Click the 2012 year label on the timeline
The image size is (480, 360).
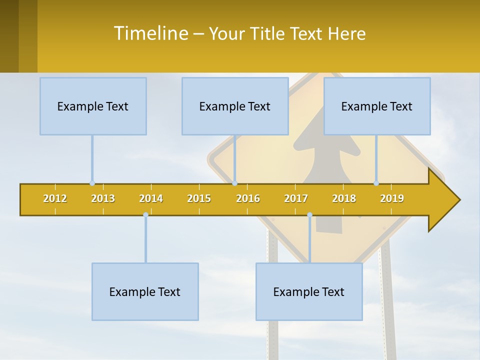pyautogui.click(x=55, y=198)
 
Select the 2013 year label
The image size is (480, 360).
pyautogui.click(x=103, y=198)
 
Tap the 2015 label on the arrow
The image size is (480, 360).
pyautogui.click(x=199, y=198)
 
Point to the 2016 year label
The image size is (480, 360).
pyautogui.click(x=248, y=198)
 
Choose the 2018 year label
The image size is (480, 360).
pyautogui.click(x=344, y=198)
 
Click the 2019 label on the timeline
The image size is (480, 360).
pyautogui.click(x=392, y=198)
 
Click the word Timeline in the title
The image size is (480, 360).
pyautogui.click(x=150, y=33)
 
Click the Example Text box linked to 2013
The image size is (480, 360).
pyautogui.click(x=93, y=106)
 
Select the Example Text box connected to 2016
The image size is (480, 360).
pyautogui.click(x=235, y=106)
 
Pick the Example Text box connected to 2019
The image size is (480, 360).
pyautogui.click(x=377, y=106)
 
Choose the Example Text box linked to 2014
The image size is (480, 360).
pyautogui.click(x=145, y=291)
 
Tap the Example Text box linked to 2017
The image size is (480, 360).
pyautogui.click(x=309, y=291)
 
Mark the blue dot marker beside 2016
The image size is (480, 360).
pyautogui.click(x=234, y=183)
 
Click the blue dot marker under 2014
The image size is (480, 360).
pyautogui.click(x=145, y=215)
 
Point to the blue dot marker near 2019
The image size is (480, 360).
pyautogui.click(x=376, y=183)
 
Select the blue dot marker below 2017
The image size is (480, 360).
pyautogui.click(x=309, y=215)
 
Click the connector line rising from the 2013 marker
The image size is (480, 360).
pyautogui.click(x=92, y=158)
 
